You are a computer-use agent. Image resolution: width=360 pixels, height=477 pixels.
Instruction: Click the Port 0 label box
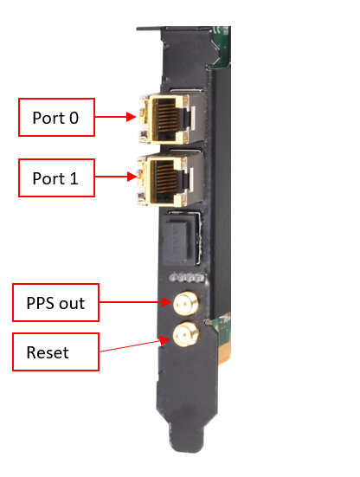(56, 117)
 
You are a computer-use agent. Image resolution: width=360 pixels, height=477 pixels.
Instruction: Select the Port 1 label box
(56, 177)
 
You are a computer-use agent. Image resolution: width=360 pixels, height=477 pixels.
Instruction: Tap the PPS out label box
(55, 302)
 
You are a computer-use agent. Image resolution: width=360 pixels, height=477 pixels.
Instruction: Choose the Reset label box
(55, 351)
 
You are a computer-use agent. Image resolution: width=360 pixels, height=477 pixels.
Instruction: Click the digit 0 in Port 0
(74, 118)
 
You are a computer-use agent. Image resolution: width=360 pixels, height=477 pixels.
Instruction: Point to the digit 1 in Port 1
(74, 178)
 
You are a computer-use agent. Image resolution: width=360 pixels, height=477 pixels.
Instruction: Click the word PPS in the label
(41, 303)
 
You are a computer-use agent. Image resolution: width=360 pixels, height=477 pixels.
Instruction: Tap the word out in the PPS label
(72, 304)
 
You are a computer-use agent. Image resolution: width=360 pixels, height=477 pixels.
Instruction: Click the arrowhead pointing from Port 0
(131, 117)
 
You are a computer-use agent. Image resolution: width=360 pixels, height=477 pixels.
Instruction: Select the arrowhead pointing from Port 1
(131, 177)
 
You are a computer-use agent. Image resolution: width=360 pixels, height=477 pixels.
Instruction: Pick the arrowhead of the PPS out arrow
(167, 302)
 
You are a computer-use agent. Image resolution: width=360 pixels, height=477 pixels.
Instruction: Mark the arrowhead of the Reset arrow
(165, 340)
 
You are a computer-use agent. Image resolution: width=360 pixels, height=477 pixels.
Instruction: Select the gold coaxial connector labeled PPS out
(186, 303)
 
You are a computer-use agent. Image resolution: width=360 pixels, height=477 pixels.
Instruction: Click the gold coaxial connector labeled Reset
(186, 334)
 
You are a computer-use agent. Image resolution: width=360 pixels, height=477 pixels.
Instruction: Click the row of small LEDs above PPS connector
(186, 277)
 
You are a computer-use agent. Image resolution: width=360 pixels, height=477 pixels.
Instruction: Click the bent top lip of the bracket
(148, 29)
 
